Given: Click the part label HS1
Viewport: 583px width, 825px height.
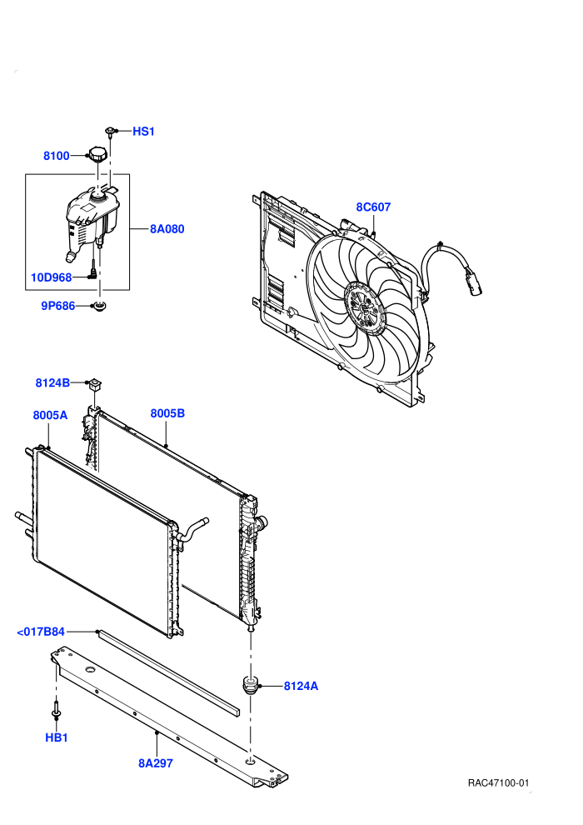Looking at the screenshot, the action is pyautogui.click(x=143, y=132).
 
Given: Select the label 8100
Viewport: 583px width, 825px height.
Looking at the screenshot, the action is pyautogui.click(x=57, y=156).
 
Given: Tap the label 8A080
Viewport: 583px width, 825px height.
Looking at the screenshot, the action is pyautogui.click(x=167, y=229).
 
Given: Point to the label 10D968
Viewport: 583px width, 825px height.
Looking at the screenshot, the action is pyautogui.click(x=52, y=277).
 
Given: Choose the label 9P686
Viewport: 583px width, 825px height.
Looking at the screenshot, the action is pyautogui.click(x=58, y=306).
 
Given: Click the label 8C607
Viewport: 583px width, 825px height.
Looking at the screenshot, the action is pyautogui.click(x=373, y=207).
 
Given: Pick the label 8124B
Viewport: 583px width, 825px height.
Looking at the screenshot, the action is pyautogui.click(x=52, y=382).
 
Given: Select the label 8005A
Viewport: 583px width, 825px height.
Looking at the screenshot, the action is pyautogui.click(x=51, y=415).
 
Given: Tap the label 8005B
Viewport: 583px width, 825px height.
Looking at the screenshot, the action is pyautogui.click(x=167, y=413).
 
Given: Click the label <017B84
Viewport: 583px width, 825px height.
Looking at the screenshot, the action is pyautogui.click(x=41, y=632).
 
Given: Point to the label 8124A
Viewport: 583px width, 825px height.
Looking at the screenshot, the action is pyautogui.click(x=301, y=686).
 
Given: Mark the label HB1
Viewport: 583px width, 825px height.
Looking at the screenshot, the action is pyautogui.click(x=57, y=737).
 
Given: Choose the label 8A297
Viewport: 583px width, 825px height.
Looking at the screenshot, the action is pyautogui.click(x=156, y=762).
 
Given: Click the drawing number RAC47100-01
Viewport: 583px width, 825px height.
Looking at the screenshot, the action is pyautogui.click(x=498, y=783).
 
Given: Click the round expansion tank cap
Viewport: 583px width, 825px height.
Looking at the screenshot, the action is pyautogui.click(x=97, y=154).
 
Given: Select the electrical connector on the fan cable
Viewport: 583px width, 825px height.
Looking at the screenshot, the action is pyautogui.click(x=472, y=281).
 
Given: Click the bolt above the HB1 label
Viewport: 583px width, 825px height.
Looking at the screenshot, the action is pyautogui.click(x=56, y=708).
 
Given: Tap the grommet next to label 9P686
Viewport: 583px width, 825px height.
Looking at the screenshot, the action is pyautogui.click(x=98, y=305).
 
